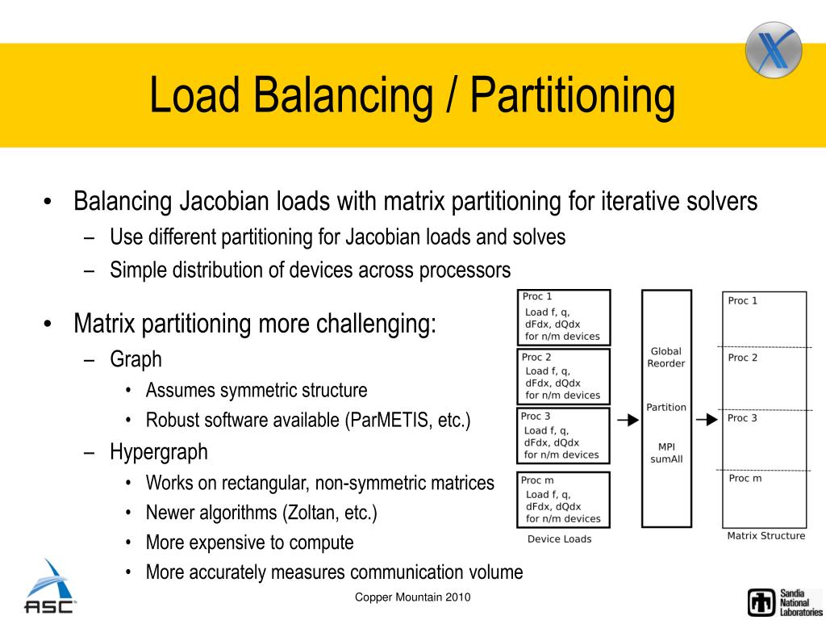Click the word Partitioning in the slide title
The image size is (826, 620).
tap(573, 96)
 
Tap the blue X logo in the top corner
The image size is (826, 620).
tap(773, 49)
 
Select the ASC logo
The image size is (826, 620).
tap(50, 588)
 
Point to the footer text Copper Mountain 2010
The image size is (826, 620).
tap(413, 597)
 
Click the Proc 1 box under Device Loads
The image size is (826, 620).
tap(563, 317)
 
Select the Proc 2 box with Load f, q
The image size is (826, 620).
tap(563, 377)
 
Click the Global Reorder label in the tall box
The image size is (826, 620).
tap(666, 358)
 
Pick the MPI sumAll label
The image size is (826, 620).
tap(666, 453)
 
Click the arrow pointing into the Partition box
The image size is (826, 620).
tap(627, 420)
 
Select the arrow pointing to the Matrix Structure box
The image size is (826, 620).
tap(706, 420)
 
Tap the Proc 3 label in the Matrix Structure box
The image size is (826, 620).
tap(742, 418)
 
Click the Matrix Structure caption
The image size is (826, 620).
tap(766, 535)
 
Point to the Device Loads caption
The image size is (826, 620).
tap(559, 538)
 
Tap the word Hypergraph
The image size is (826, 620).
tap(159, 452)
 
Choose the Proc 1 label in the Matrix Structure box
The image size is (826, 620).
tap(742, 301)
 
